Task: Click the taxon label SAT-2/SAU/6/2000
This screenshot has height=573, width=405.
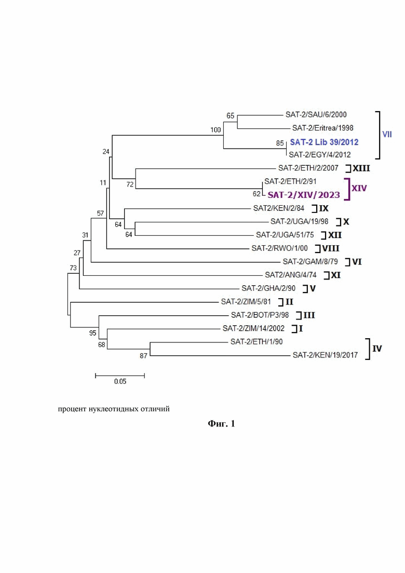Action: point(316,115)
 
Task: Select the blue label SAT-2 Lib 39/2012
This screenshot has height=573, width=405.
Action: point(324,142)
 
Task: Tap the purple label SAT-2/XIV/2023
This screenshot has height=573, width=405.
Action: point(303,195)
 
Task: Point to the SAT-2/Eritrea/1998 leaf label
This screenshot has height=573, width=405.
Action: point(322,128)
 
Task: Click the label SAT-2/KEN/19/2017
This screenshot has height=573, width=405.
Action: point(325,355)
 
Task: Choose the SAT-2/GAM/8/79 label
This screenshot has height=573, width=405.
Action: point(310,262)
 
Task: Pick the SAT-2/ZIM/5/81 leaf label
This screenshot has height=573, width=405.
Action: point(246,302)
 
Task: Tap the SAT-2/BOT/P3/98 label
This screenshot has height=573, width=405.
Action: point(260,315)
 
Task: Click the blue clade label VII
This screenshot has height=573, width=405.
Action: point(387,135)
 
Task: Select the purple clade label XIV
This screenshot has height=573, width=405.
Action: point(359,188)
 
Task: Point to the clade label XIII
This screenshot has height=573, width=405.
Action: point(361,168)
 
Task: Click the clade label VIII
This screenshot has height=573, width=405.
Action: point(331,248)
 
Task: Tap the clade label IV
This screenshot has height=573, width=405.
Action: point(377,349)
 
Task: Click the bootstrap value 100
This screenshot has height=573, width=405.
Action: point(215,130)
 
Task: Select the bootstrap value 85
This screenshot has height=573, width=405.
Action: point(280,143)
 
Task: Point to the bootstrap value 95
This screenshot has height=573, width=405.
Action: point(93,333)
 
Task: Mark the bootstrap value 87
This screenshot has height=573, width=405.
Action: point(143,355)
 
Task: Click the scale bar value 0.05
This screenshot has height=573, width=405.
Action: point(120,381)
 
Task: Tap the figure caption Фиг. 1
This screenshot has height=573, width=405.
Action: point(221,423)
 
